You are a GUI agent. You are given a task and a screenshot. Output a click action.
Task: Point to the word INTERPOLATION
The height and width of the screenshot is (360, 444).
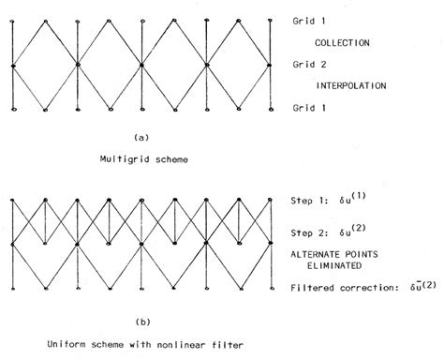pos(354,85)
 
